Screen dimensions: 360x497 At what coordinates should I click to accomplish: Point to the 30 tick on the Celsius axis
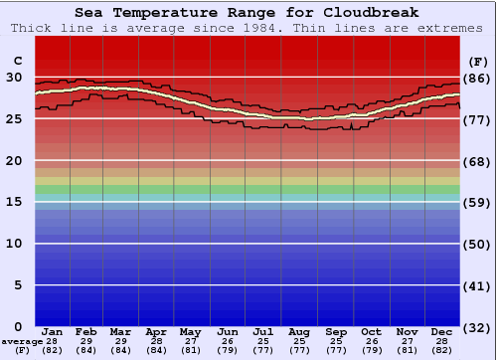click(x=14, y=77)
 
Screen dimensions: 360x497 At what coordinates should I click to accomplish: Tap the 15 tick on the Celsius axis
click(x=14, y=202)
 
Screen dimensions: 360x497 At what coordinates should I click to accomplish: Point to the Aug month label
click(x=299, y=332)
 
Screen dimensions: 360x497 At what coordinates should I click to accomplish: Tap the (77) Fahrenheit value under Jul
click(x=263, y=350)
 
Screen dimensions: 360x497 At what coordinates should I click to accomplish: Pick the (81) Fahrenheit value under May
click(x=190, y=350)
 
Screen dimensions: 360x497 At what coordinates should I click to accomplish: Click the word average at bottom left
click(x=22, y=341)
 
